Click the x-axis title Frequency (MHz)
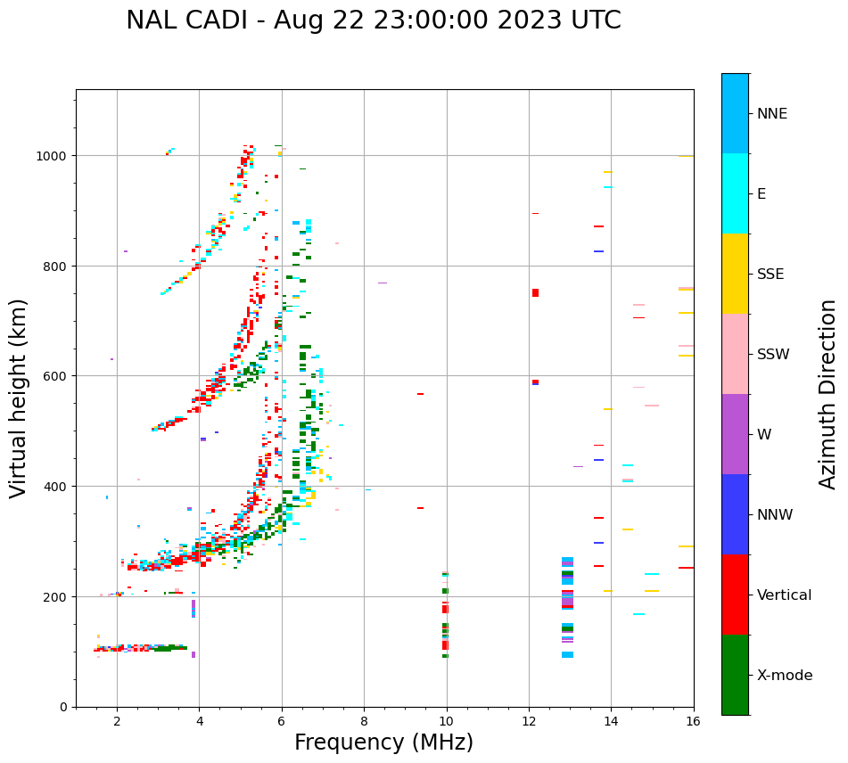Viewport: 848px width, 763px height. tap(383, 742)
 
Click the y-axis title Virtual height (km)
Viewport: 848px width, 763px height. tap(19, 398)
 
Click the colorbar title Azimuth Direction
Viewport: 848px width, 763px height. tap(828, 394)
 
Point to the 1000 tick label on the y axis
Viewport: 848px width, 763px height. tap(51, 156)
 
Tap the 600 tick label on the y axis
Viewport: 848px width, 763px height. tap(54, 376)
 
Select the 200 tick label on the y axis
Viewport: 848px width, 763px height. tap(54, 596)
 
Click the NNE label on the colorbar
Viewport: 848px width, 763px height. tap(772, 113)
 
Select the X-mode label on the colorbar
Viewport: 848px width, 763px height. tap(785, 676)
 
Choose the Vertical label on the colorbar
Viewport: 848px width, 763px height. tap(785, 595)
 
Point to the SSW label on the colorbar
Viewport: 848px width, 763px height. tap(773, 354)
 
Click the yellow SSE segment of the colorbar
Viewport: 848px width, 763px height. tap(735, 274)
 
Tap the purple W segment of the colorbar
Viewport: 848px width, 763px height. tap(735, 434)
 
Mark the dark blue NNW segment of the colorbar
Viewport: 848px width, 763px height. tap(735, 514)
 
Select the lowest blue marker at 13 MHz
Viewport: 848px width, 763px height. tap(567, 654)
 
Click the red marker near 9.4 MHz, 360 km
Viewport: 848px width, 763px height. tap(420, 508)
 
